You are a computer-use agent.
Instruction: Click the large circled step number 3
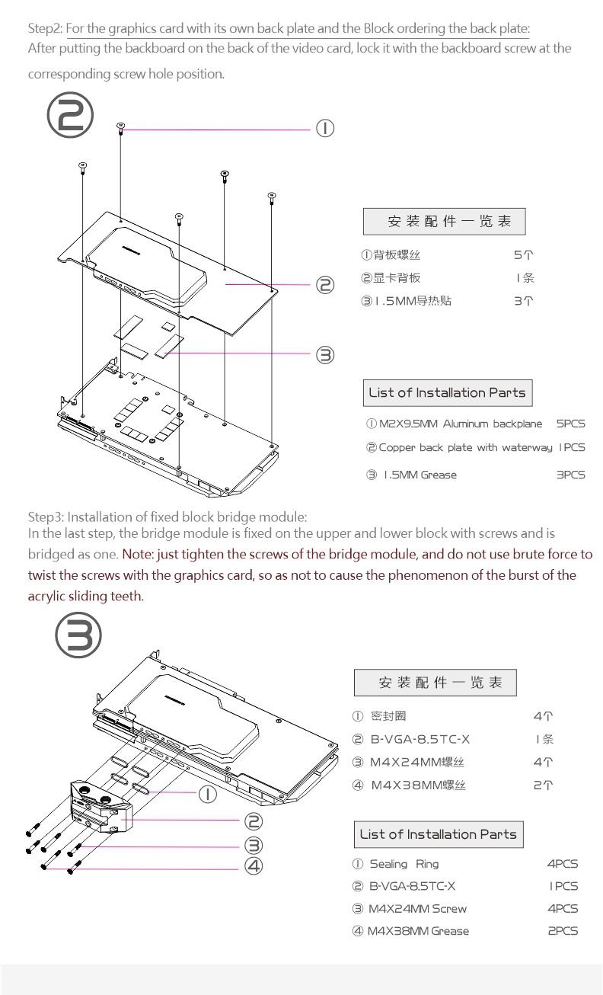(x=78, y=634)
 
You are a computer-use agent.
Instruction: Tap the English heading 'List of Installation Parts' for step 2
(x=447, y=393)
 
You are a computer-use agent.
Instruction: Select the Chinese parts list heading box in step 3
(x=435, y=682)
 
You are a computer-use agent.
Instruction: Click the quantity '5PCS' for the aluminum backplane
(x=570, y=424)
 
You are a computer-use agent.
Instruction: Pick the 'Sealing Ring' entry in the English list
(x=404, y=864)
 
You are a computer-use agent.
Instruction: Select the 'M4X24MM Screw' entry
(x=417, y=908)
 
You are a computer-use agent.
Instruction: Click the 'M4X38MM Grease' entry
(x=418, y=930)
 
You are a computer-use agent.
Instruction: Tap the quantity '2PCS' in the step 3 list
(x=563, y=930)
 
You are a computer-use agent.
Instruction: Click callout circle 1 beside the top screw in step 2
(x=325, y=128)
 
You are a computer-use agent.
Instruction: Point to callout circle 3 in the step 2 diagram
(x=325, y=354)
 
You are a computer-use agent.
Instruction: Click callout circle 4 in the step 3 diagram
(x=254, y=865)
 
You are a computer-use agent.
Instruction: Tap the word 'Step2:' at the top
(x=45, y=29)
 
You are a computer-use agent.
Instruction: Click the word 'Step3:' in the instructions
(x=45, y=518)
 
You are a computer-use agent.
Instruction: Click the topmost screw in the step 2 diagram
(x=121, y=127)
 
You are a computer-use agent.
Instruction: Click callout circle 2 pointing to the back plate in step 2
(x=325, y=286)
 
